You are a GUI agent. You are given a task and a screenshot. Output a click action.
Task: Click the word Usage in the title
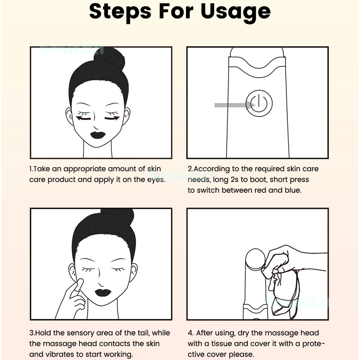point(236,12)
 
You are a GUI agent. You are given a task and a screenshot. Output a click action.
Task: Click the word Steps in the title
point(120,12)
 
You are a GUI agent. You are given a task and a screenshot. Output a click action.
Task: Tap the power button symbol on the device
point(259,103)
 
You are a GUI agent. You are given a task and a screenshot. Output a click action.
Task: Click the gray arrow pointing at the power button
point(235,105)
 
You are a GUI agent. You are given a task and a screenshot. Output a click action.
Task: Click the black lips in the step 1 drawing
point(98,135)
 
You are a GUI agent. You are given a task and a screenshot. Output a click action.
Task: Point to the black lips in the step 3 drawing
point(103,292)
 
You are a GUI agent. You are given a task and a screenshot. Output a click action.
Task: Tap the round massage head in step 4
point(255,258)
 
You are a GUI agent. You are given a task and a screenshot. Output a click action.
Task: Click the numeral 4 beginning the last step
point(190,333)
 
